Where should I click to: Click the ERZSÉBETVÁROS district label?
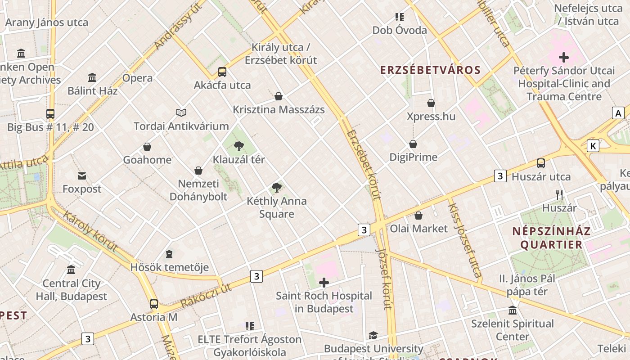click(x=430, y=70)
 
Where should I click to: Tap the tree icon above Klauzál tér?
click(x=239, y=146)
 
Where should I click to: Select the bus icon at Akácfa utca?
click(x=222, y=72)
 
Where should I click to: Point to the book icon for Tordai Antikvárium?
click(x=181, y=112)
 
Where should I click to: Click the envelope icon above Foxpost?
click(x=82, y=175)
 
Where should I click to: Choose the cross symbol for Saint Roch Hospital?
click(x=324, y=283)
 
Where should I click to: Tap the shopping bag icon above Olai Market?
click(x=418, y=216)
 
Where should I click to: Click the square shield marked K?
click(x=594, y=146)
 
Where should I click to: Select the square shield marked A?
click(x=618, y=113)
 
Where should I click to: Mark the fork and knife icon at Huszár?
click(x=559, y=195)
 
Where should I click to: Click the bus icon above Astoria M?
click(x=154, y=304)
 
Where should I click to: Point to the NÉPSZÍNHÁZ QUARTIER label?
click(x=551, y=238)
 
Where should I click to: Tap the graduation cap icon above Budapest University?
click(x=373, y=336)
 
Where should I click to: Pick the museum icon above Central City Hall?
click(x=71, y=270)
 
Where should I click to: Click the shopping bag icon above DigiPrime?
click(x=413, y=144)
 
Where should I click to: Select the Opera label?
click(x=137, y=78)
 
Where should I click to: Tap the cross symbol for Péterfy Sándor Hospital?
click(x=563, y=57)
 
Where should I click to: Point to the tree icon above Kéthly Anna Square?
click(x=277, y=188)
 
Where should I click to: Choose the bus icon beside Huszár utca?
click(x=541, y=163)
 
